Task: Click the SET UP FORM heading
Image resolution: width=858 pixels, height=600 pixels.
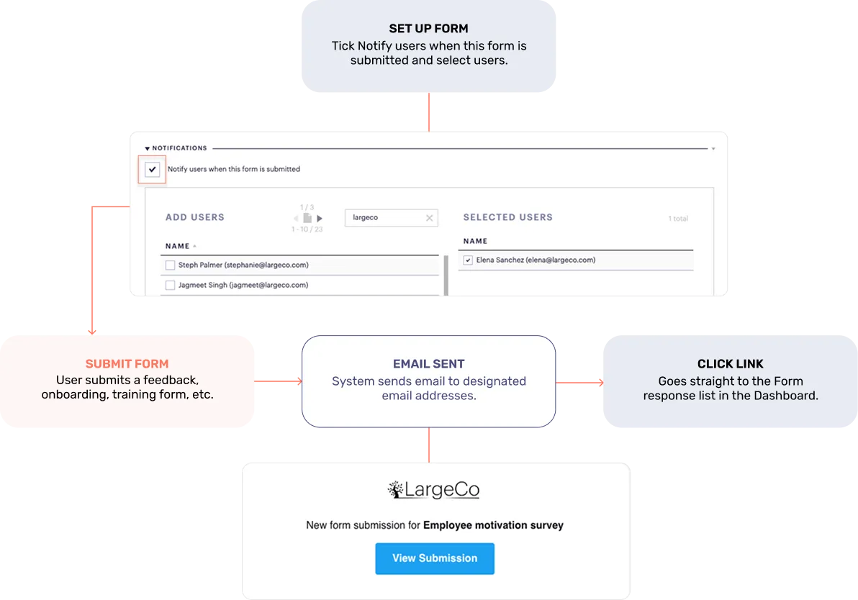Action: pyautogui.click(x=428, y=29)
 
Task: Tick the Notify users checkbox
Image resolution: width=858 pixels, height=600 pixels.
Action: pyautogui.click(x=152, y=170)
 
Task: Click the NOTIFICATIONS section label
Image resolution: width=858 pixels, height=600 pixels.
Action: pyautogui.click(x=179, y=148)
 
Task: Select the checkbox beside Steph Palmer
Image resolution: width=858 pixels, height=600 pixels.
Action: pyautogui.click(x=170, y=265)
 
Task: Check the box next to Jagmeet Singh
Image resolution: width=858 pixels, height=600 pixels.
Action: pyautogui.click(x=170, y=285)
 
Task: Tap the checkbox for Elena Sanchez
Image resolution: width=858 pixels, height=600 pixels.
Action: pyautogui.click(x=468, y=260)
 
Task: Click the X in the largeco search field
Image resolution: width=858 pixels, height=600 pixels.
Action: pyautogui.click(x=430, y=218)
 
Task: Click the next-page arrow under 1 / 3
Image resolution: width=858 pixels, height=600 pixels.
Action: pyautogui.click(x=320, y=218)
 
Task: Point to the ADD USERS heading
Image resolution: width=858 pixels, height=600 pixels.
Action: pyautogui.click(x=195, y=217)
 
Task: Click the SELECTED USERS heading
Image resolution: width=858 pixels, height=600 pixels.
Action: pyautogui.click(x=507, y=217)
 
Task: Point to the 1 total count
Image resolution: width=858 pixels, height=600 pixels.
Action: pyautogui.click(x=678, y=219)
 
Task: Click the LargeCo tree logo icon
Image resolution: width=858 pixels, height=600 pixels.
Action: pyautogui.click(x=396, y=489)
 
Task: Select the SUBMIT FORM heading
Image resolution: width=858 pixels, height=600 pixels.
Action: pyautogui.click(x=127, y=364)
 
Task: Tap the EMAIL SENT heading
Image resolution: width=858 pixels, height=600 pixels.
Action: pyautogui.click(x=428, y=364)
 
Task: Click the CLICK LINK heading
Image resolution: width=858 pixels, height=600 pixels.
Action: pyautogui.click(x=730, y=364)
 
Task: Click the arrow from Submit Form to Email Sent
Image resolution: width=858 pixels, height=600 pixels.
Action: pyautogui.click(x=278, y=381)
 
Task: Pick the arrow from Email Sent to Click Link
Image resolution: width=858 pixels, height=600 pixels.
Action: pyautogui.click(x=579, y=382)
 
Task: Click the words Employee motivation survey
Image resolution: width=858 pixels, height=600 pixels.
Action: pyautogui.click(x=493, y=525)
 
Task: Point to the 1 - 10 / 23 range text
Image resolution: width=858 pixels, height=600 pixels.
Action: pyautogui.click(x=307, y=229)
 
